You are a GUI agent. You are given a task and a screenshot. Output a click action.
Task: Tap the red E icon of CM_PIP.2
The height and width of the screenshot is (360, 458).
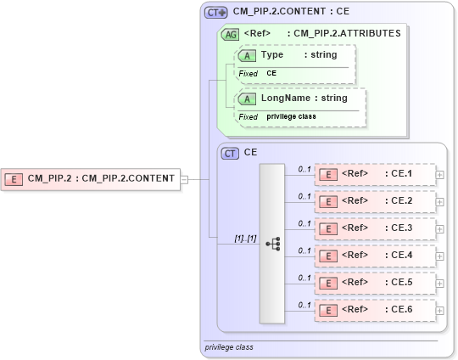click(14, 178)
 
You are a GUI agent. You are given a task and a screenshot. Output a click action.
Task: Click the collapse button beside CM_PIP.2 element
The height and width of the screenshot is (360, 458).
click(184, 178)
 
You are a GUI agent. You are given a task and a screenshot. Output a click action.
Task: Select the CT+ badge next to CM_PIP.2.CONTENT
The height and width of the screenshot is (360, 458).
click(216, 13)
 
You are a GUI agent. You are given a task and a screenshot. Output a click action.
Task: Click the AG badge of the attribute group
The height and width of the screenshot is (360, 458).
click(229, 34)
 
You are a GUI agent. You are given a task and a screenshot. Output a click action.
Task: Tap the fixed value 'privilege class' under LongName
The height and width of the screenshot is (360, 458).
click(292, 116)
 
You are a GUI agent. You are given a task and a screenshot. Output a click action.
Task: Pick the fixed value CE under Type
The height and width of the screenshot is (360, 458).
click(271, 74)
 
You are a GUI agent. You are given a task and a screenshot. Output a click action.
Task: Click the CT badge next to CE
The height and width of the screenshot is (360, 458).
click(230, 154)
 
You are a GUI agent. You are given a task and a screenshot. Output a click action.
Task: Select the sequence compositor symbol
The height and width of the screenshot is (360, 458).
click(272, 244)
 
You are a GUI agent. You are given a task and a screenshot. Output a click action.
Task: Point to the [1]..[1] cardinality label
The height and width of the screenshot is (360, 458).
click(245, 238)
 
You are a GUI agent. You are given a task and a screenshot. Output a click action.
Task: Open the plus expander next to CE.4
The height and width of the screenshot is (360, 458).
click(439, 256)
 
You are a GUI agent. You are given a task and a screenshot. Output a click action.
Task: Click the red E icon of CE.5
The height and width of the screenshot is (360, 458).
click(327, 283)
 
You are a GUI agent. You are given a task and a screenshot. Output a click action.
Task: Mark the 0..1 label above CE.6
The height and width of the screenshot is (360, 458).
click(304, 304)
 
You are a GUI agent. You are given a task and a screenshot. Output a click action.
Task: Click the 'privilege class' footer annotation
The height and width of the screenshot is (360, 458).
click(229, 347)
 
